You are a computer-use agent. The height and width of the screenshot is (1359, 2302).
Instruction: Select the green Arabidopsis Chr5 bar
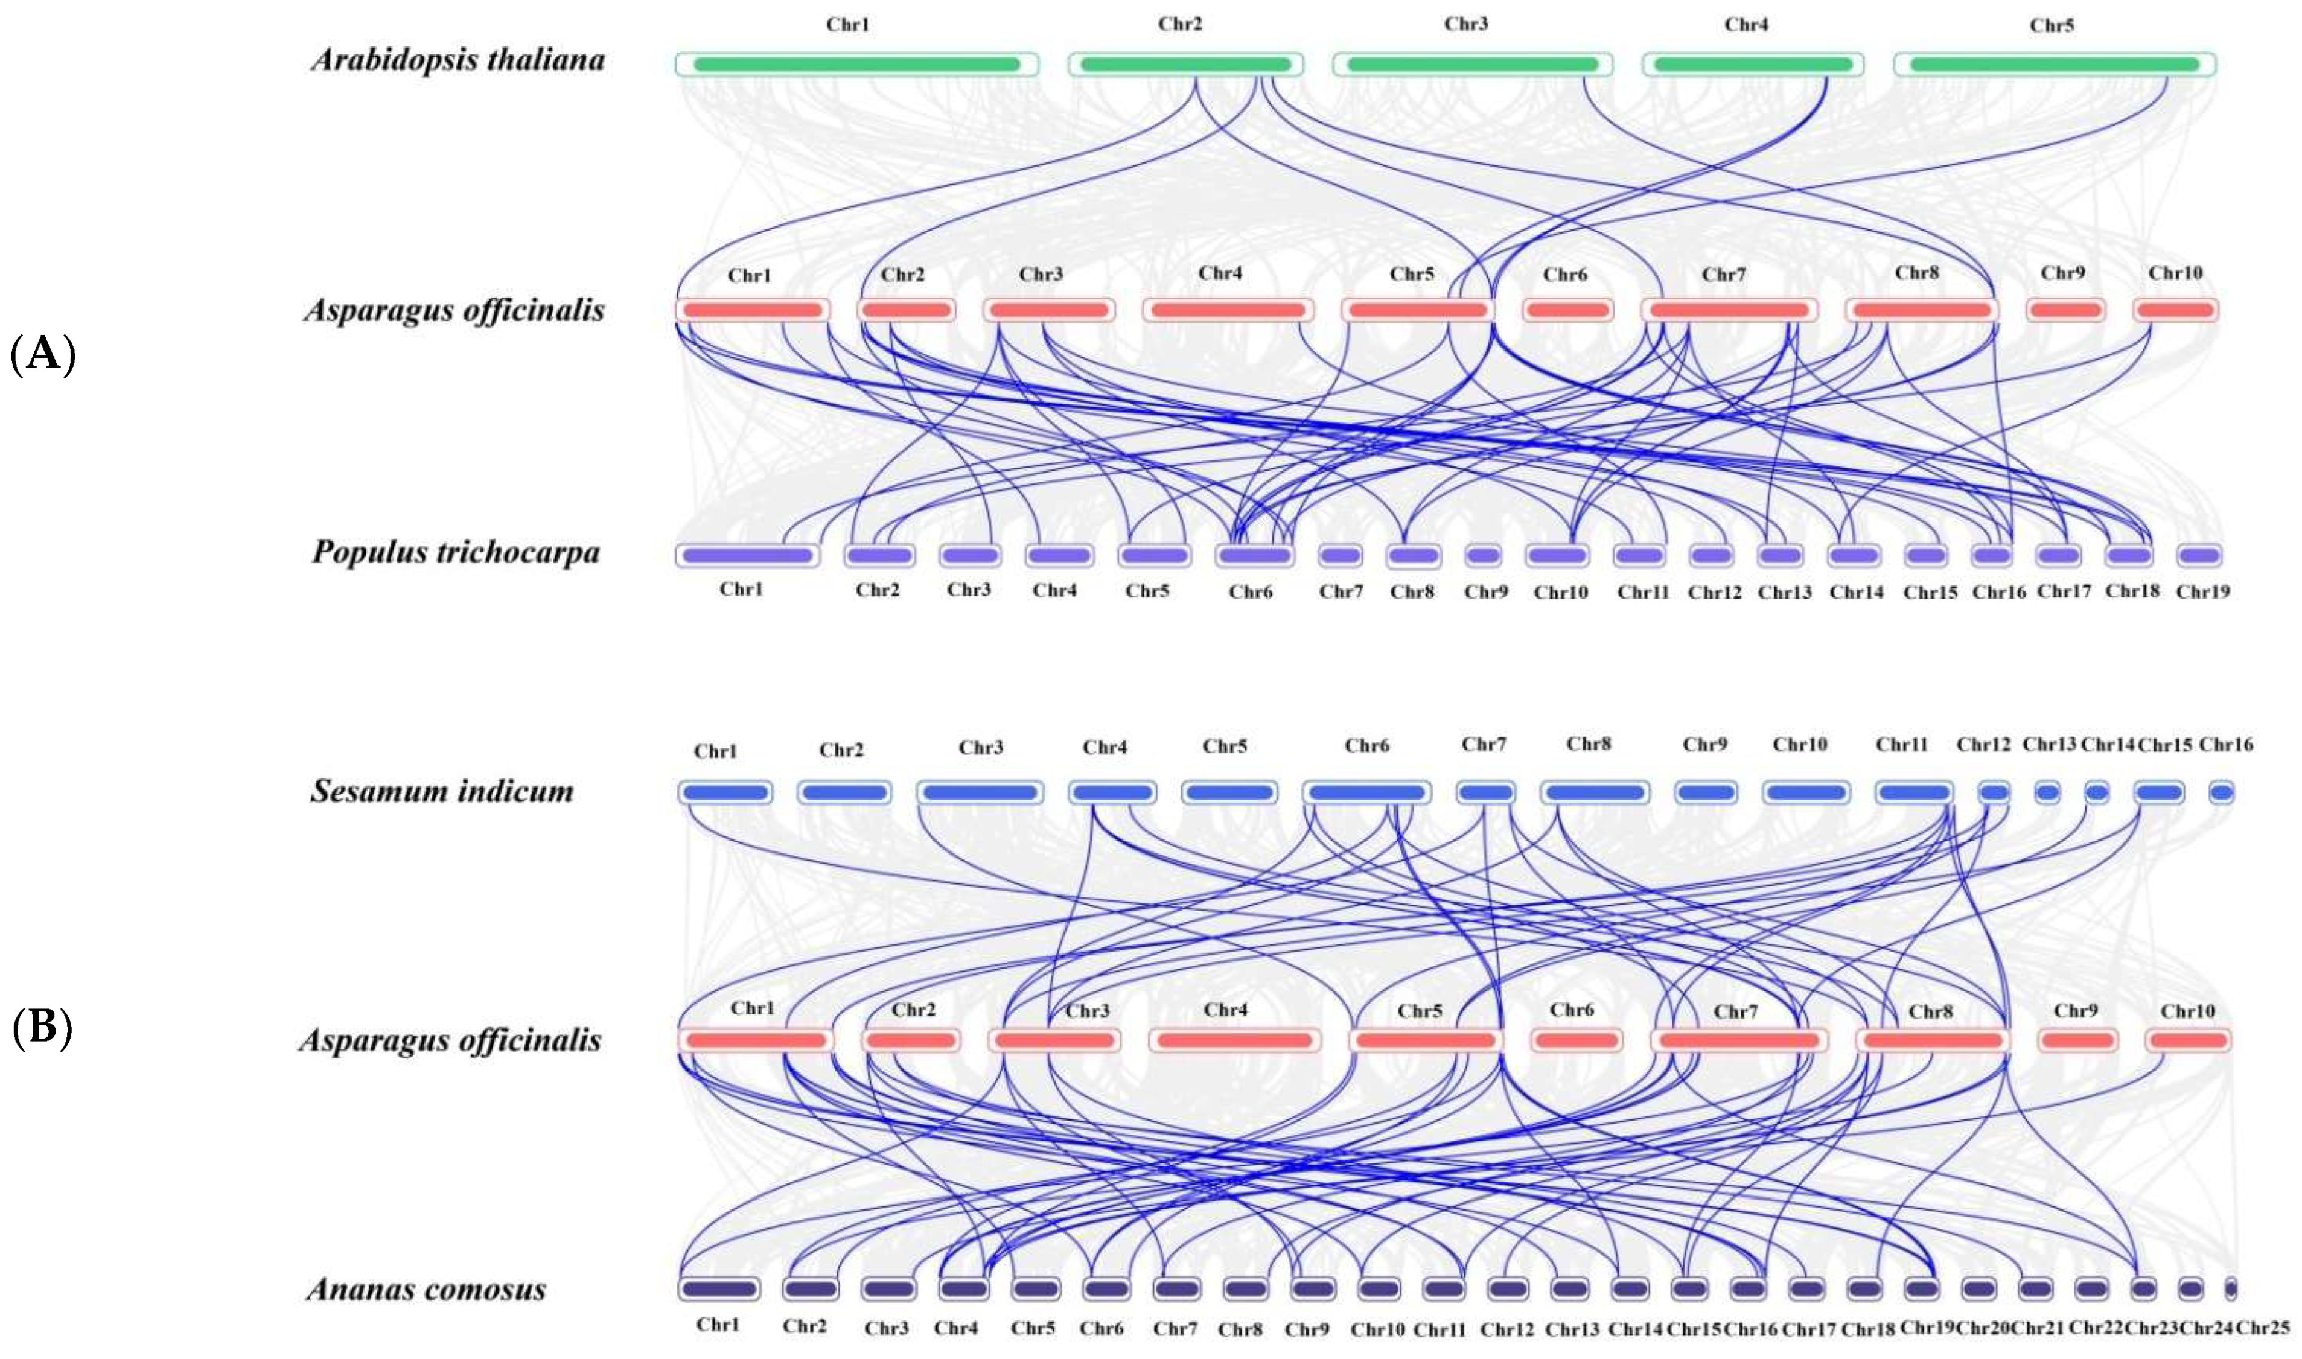2054,64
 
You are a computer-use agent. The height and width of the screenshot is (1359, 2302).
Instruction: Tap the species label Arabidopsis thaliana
458,60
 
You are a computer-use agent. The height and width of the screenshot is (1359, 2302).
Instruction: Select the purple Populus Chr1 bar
747,555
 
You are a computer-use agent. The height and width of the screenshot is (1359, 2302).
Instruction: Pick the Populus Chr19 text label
2202,591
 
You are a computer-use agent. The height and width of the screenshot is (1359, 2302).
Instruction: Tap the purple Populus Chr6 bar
1254,555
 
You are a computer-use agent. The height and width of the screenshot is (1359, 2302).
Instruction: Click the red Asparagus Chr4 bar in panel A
1227,310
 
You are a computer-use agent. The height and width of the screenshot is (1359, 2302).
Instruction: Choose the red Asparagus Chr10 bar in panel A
2176,310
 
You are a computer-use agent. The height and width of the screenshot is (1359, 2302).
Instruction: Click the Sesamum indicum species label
442,791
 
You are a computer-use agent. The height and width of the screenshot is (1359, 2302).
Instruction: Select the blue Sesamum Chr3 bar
980,792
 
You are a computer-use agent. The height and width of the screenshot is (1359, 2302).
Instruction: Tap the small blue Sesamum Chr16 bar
2221,792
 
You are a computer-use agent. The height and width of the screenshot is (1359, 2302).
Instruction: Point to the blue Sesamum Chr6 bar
1366,792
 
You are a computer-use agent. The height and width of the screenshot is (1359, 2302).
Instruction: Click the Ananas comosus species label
427,1290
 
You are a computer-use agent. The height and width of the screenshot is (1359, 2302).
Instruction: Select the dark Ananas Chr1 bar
719,1288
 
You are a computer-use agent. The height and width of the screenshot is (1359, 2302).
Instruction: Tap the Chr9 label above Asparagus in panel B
2075,1010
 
